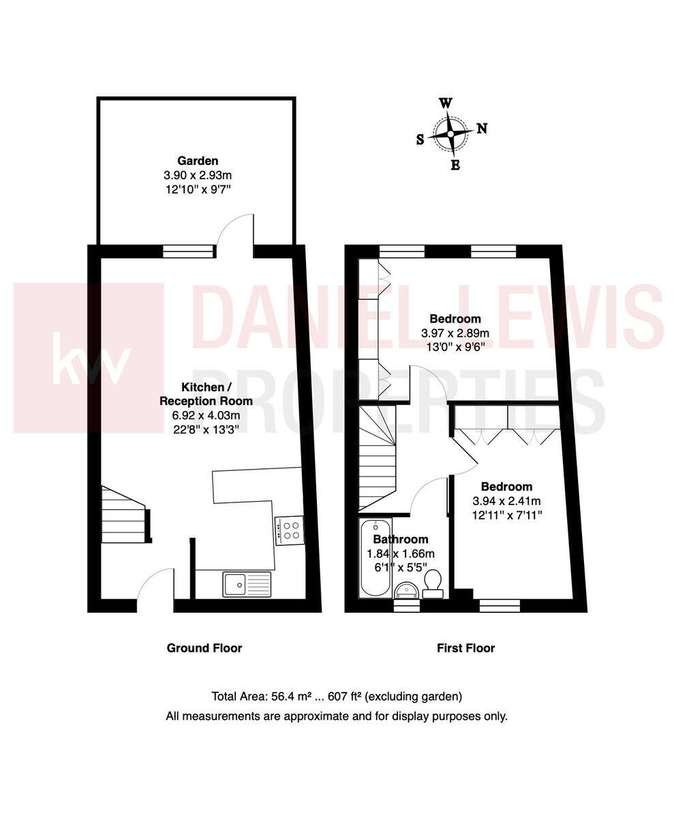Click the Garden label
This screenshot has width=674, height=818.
(x=198, y=161)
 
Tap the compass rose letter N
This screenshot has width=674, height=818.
(x=481, y=128)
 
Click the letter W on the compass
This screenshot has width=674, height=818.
(x=445, y=103)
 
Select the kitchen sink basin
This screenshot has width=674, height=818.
(x=235, y=584)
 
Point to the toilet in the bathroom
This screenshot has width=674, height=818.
(x=433, y=583)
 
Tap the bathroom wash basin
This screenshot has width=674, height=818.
(x=408, y=589)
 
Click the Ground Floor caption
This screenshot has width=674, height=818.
(x=204, y=648)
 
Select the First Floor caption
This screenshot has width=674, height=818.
(x=465, y=648)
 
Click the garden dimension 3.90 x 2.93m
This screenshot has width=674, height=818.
(x=198, y=175)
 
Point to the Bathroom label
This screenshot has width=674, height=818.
(x=400, y=539)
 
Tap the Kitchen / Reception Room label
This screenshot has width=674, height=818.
(x=206, y=394)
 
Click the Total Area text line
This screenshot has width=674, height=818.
(x=337, y=697)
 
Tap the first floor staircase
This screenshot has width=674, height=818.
(x=377, y=457)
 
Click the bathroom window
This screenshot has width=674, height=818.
(x=407, y=605)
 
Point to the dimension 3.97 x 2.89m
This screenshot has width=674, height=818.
(x=455, y=333)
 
